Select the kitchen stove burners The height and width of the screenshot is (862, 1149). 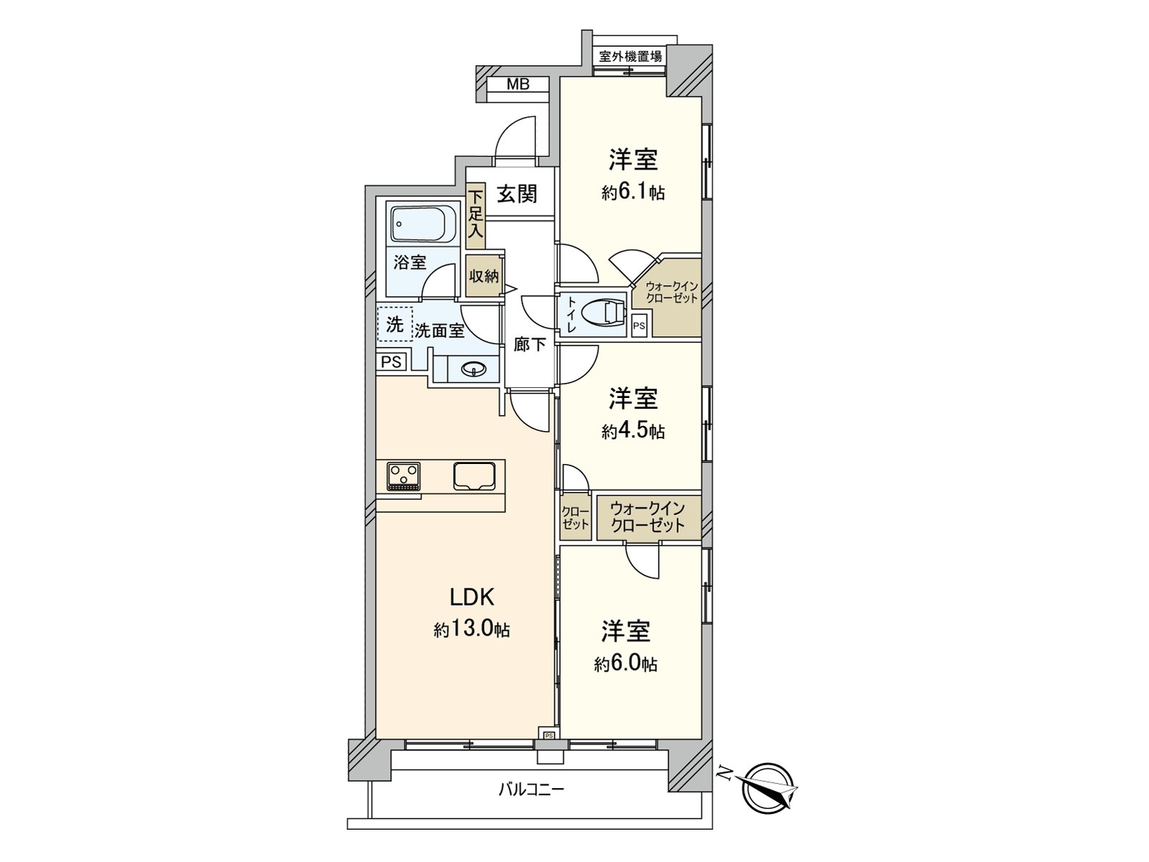pyautogui.click(x=404, y=476)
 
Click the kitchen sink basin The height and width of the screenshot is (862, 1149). pyautogui.click(x=474, y=476)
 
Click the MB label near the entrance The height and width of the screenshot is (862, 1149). pyautogui.click(x=518, y=84)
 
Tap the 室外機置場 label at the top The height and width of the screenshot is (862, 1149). pyautogui.click(x=631, y=56)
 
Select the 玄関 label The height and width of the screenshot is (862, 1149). pyautogui.click(x=517, y=193)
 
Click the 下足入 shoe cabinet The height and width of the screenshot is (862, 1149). pyautogui.click(x=475, y=217)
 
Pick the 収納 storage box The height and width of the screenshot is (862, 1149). pyautogui.click(x=484, y=276)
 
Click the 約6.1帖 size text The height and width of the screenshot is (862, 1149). pyautogui.click(x=633, y=193)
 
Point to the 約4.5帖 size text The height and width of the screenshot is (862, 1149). pyautogui.click(x=633, y=431)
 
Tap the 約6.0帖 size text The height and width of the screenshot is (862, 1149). pyautogui.click(x=625, y=664)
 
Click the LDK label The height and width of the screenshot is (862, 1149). pyautogui.click(x=472, y=597)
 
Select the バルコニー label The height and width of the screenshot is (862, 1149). pyautogui.click(x=531, y=790)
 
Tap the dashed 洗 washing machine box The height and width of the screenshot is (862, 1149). pyautogui.click(x=395, y=324)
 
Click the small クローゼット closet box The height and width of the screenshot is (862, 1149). pyautogui.click(x=575, y=518)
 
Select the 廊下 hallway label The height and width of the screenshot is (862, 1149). pyautogui.click(x=529, y=345)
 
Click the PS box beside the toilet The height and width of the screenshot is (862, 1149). pyautogui.click(x=639, y=326)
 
